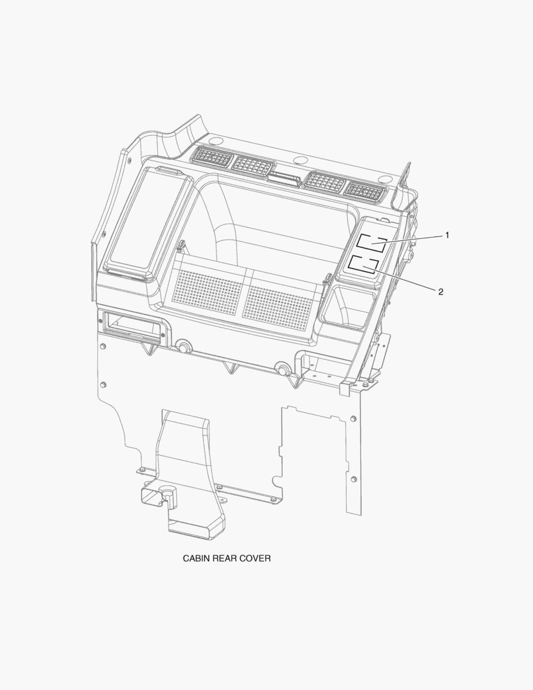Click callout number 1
447,235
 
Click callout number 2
440,292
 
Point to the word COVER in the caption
255,558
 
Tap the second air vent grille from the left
253,165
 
